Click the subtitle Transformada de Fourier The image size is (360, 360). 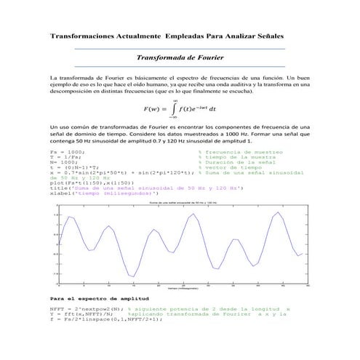coord(180,56)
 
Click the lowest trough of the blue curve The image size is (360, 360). coord(132,276)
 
